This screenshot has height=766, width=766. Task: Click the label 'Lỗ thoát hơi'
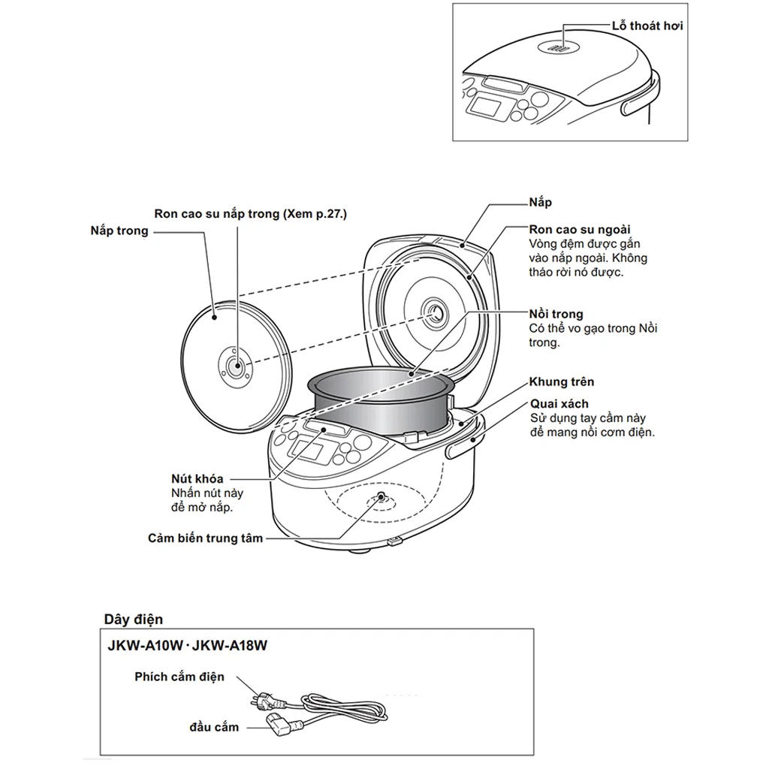click(x=647, y=26)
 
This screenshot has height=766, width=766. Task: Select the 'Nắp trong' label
click(x=119, y=231)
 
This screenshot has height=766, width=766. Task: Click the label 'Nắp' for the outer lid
click(x=541, y=203)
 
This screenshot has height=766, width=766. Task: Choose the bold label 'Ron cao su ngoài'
click(x=580, y=229)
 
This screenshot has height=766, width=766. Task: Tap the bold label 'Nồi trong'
click(x=556, y=314)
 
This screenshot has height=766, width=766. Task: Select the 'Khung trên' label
click(x=561, y=382)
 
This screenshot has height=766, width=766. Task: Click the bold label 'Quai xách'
click(x=559, y=404)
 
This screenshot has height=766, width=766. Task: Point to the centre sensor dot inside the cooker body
click(x=381, y=498)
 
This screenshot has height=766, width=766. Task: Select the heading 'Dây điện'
click(x=133, y=620)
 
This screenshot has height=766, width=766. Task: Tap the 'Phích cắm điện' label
click(x=179, y=677)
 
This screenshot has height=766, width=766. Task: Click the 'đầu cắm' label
click(x=214, y=727)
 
